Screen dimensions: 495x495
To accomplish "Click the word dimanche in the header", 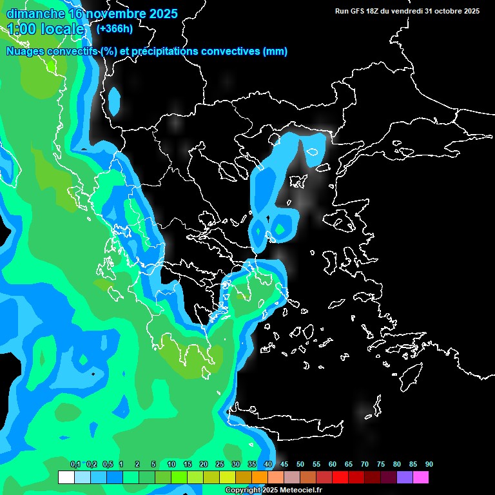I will [x=35, y=14].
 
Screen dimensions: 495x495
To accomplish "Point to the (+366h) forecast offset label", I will [x=114, y=28].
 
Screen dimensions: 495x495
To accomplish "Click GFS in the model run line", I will [x=360, y=11].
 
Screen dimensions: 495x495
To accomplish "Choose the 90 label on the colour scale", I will [x=429, y=464].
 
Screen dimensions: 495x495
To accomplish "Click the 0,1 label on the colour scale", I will [x=75, y=464].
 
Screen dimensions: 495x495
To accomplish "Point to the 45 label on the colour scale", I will [x=284, y=464].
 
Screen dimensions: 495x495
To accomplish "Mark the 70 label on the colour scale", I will [x=365, y=464].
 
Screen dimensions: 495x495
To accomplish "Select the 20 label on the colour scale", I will [x=204, y=464].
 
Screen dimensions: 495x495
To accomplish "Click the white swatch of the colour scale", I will [x=66, y=477].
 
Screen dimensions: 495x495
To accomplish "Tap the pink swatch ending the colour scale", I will [x=420, y=477].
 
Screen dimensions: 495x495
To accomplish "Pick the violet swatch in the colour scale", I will [x=404, y=477].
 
